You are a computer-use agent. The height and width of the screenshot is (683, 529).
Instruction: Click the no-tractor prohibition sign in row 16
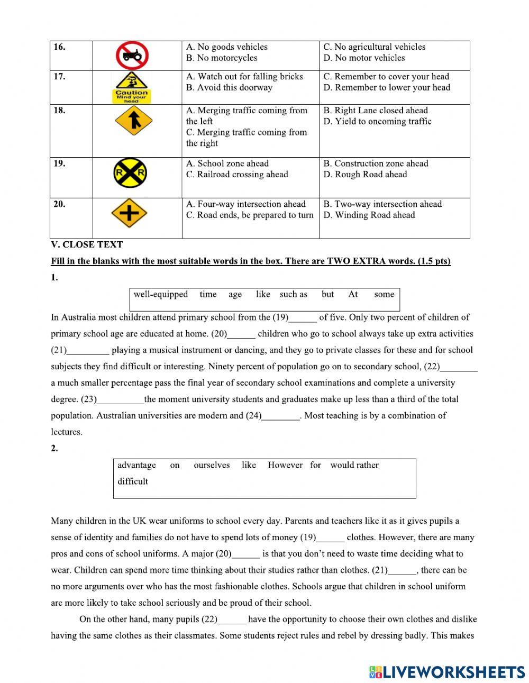click(x=132, y=55)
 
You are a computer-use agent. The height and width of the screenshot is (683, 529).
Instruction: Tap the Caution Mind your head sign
click(x=132, y=87)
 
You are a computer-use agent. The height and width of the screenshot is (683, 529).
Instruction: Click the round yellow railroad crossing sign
click(x=130, y=173)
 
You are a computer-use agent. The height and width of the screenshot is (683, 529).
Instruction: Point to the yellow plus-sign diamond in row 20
click(x=129, y=214)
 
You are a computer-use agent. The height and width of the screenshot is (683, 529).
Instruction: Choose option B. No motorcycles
click(x=222, y=58)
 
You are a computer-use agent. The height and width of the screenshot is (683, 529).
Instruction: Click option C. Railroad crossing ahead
click(x=237, y=175)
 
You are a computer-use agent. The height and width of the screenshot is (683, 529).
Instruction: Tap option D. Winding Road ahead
click(x=369, y=215)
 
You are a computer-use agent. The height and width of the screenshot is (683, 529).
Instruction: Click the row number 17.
click(x=59, y=77)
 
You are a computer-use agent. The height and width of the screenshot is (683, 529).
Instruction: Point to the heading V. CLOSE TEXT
click(x=87, y=245)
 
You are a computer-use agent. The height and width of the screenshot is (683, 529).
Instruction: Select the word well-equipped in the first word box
click(x=160, y=295)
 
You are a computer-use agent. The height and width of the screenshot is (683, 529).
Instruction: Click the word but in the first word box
click(x=327, y=295)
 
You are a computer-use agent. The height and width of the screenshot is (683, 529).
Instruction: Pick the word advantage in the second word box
click(x=136, y=466)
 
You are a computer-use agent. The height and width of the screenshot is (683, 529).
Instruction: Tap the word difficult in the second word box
click(x=132, y=481)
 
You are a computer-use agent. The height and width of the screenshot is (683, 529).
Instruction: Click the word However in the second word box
click(x=285, y=466)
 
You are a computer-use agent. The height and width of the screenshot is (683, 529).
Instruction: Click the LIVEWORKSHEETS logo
click(x=447, y=672)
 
